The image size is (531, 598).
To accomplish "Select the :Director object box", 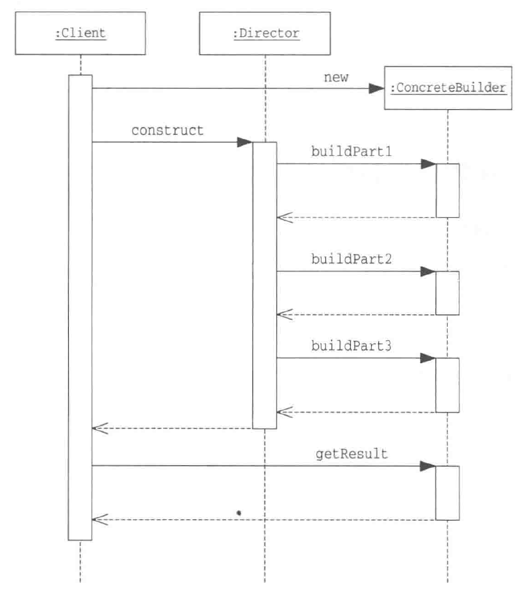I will pos(265,34).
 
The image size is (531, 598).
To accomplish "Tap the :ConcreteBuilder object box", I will pos(448,88).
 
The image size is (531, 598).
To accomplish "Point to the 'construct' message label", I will pos(167,130).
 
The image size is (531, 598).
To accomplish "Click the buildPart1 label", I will pos(351,152).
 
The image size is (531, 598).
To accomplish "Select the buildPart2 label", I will pos(351,259).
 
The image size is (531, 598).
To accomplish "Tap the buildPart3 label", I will pos(351,346).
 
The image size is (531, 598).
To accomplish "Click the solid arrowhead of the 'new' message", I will pos(377,89).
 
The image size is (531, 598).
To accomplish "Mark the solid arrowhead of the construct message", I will pos(244,143).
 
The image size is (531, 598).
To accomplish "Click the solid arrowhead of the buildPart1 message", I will pos(428,164).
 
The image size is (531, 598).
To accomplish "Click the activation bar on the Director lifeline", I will pos(264,286).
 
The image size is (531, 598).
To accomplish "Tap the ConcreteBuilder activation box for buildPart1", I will pos(447,190).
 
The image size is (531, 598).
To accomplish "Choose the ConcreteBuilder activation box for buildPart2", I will pos(447,292).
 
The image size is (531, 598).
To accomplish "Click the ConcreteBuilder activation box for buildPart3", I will pos(447,385).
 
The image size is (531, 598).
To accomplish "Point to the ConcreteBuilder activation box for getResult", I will pos(447,493).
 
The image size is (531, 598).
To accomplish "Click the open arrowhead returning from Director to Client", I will pos(99,428).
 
